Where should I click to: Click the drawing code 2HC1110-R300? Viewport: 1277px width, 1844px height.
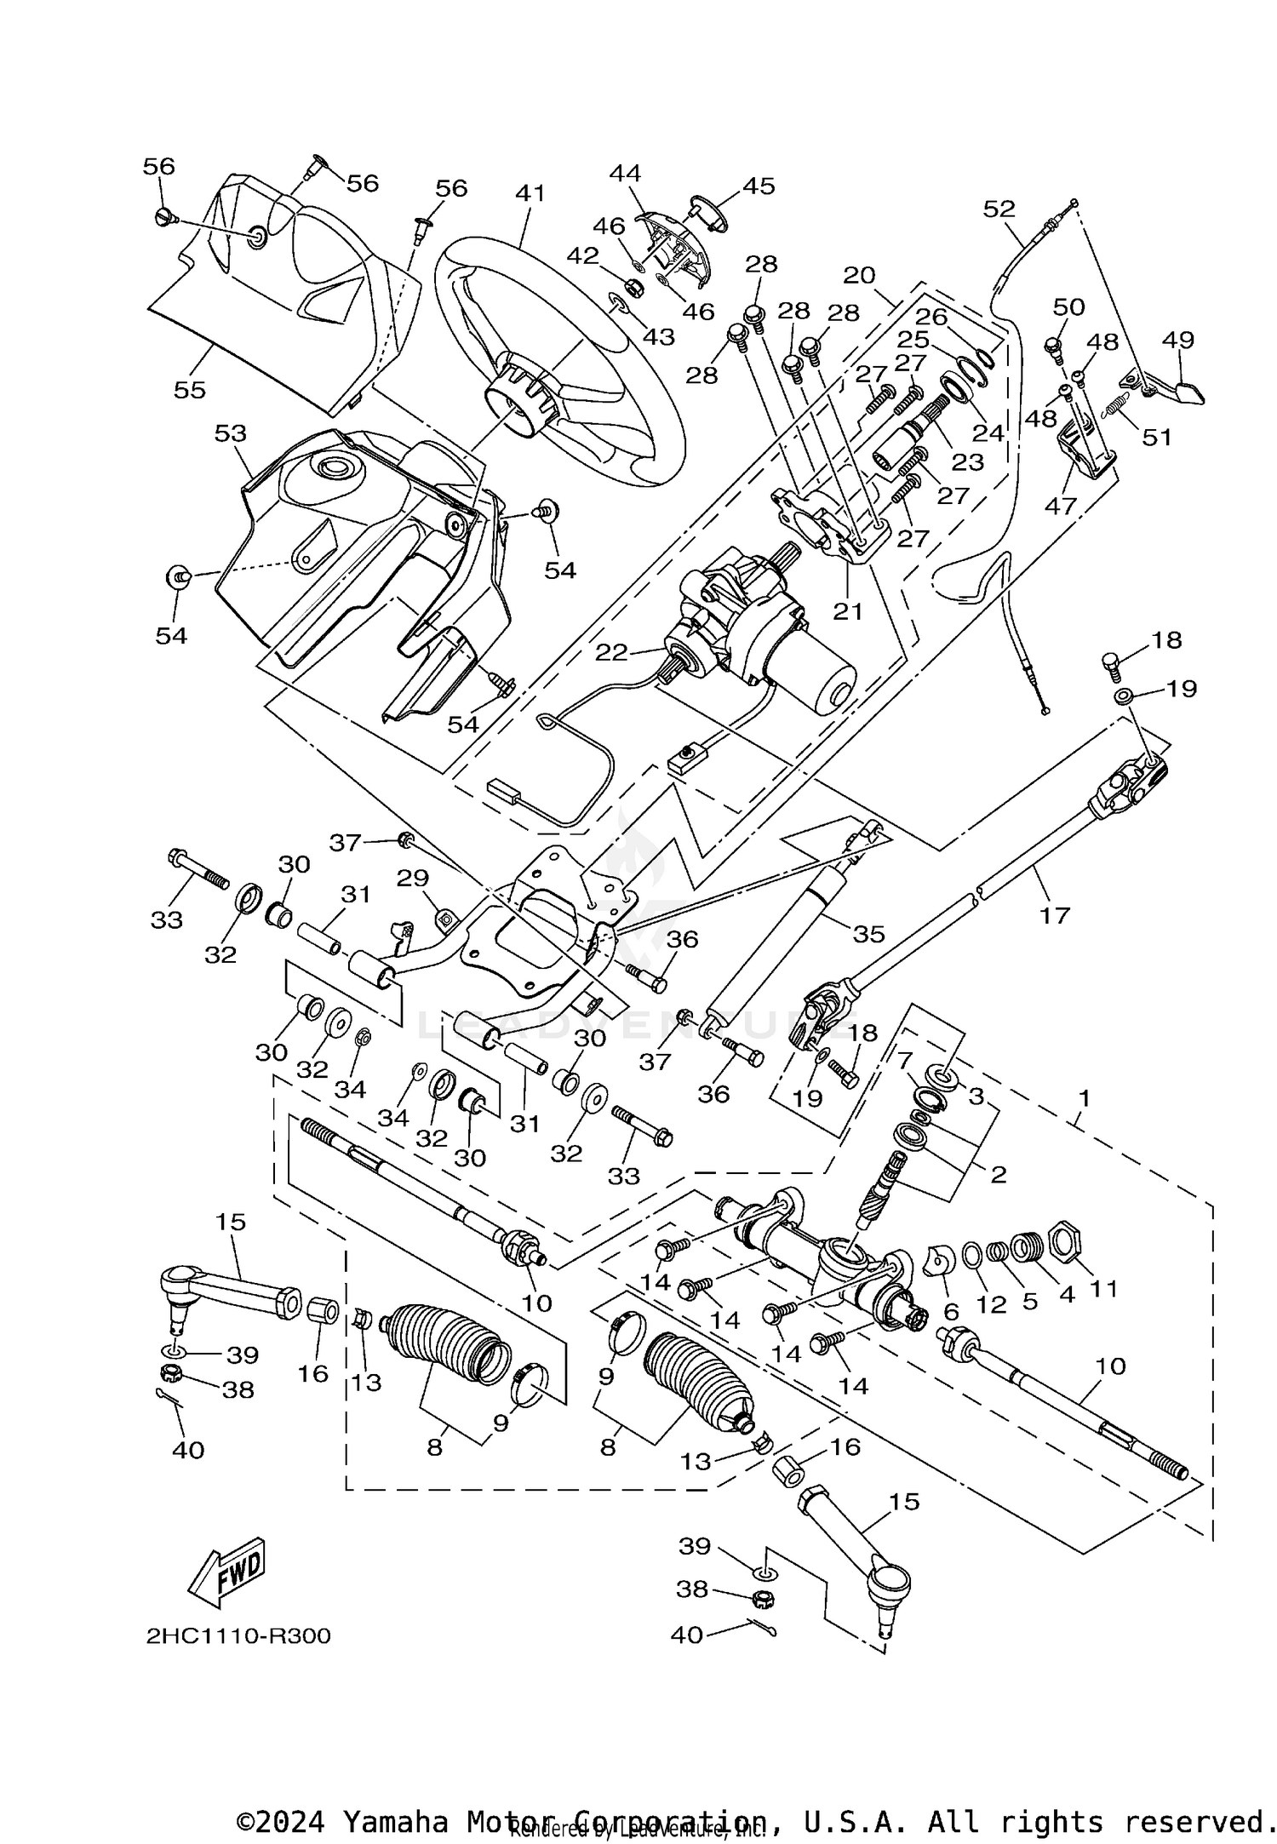238,1636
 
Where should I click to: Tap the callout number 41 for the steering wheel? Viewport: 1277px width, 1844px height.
530,194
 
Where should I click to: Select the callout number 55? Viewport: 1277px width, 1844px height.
189,389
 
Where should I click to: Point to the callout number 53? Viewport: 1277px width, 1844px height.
230,432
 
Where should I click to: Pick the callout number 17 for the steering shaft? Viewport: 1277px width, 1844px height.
1054,915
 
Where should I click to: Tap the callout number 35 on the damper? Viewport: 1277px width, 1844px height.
869,934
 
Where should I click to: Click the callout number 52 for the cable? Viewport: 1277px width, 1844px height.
999,208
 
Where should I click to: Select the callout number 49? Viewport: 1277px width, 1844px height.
1178,339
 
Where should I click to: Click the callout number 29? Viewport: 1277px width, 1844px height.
413,878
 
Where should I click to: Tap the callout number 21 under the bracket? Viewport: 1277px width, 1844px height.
848,610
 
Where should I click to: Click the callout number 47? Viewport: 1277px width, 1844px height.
1061,505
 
